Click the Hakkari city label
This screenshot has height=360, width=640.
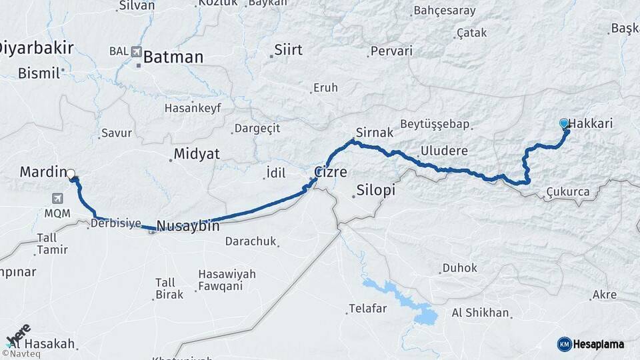[591, 123]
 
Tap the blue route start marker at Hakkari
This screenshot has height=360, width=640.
[564, 123]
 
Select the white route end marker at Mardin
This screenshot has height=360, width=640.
[71, 173]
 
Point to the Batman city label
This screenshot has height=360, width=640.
[173, 57]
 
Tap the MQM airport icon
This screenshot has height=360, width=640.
[57, 198]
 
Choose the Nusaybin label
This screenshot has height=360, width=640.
[188, 226]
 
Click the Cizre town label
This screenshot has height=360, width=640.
[331, 172]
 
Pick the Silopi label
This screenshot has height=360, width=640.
[376, 190]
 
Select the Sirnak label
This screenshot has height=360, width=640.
[375, 133]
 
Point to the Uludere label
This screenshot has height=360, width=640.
[444, 151]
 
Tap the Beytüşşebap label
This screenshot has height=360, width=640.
[435, 124]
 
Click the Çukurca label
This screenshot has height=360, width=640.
[567, 192]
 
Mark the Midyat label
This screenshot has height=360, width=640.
[196, 154]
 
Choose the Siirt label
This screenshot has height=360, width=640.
[289, 50]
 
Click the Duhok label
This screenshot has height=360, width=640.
[459, 268]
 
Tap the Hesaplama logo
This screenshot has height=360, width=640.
[591, 344]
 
